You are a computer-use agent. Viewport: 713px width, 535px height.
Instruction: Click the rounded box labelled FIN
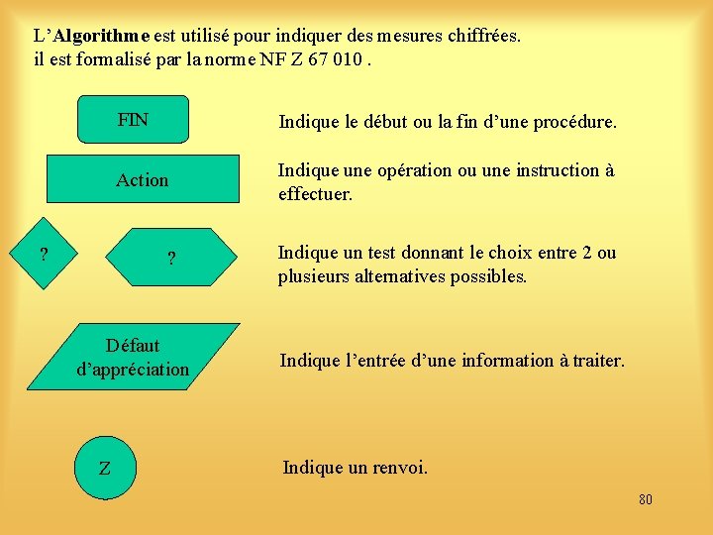133,120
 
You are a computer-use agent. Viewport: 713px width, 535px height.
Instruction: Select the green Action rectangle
143,179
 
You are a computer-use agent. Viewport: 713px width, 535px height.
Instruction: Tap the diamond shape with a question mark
44,255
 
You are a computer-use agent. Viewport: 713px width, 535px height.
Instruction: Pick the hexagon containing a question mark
172,260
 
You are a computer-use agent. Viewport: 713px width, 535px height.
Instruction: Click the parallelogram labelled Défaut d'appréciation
133,358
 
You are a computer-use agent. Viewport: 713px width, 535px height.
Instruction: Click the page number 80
645,499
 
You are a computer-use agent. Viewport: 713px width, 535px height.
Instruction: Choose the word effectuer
315,194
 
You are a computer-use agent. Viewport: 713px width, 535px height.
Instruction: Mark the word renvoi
396,467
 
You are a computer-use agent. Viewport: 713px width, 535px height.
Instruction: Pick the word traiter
597,361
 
